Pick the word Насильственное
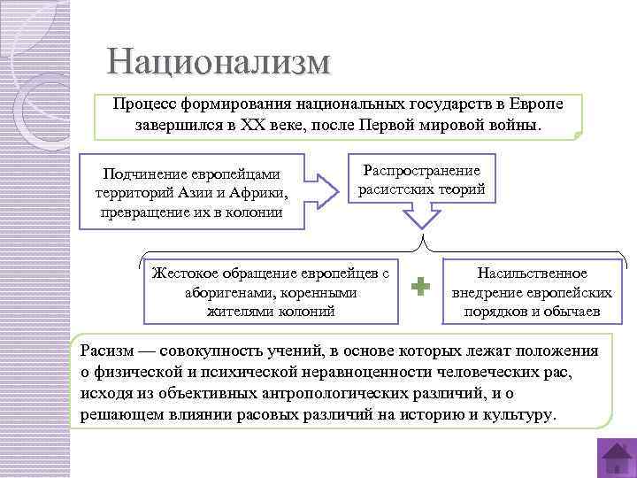(532, 274)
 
